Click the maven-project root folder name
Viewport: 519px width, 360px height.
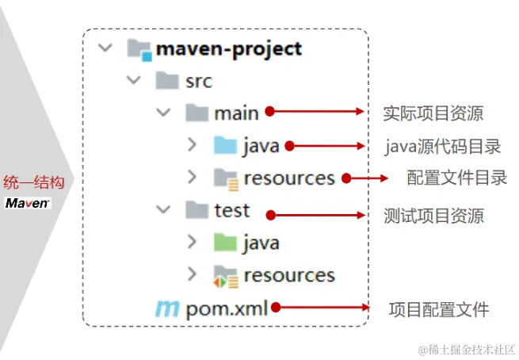click(229, 48)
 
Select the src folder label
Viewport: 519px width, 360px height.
click(198, 81)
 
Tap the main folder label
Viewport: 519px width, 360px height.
click(236, 113)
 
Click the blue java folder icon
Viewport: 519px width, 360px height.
click(225, 146)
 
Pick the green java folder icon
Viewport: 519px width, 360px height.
click(225, 242)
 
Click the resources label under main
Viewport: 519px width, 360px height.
click(289, 178)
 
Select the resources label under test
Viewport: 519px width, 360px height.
click(289, 275)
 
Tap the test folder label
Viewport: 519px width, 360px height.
click(232, 210)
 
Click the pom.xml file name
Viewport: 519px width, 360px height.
click(227, 308)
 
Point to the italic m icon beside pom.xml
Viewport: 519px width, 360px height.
click(167, 308)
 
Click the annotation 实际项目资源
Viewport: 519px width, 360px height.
click(433, 113)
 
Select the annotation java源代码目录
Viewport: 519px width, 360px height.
click(443, 147)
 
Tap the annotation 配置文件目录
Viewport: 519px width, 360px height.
click(457, 178)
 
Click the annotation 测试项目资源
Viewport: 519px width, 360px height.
click(433, 216)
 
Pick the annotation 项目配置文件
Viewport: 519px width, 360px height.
click(438, 309)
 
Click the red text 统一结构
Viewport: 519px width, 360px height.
click(33, 182)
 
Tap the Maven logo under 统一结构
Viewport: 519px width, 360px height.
click(28, 203)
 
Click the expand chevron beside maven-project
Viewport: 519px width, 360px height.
click(105, 48)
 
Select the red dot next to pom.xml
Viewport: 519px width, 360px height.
click(274, 306)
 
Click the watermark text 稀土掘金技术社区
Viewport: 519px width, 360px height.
click(465, 348)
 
